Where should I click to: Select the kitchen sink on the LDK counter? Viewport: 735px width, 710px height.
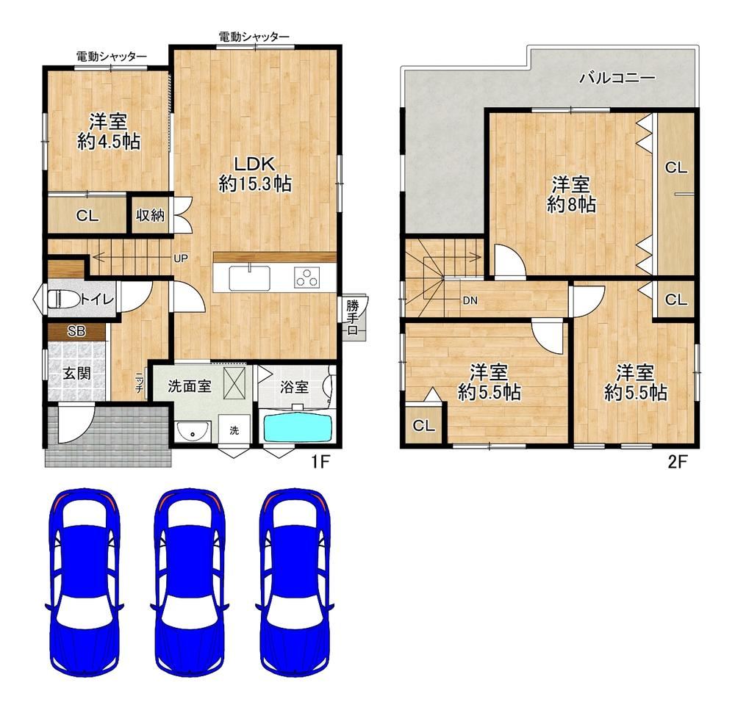tap(249, 278)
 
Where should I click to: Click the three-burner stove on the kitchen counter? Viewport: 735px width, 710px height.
tap(307, 278)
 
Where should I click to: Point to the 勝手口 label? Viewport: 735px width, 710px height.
tap(353, 318)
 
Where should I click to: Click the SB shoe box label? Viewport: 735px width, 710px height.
tap(76, 331)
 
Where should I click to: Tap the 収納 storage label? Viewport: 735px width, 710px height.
tap(150, 215)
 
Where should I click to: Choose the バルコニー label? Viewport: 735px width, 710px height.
tap(617, 77)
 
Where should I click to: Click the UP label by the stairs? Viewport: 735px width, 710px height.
tap(181, 258)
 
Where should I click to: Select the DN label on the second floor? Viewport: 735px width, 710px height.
tap(470, 301)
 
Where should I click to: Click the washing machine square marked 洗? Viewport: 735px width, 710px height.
tap(234, 429)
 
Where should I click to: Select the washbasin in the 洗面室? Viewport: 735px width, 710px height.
tap(193, 431)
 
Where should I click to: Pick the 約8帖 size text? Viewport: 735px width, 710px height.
tap(571, 205)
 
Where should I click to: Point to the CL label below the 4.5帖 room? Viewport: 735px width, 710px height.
tap(87, 216)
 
